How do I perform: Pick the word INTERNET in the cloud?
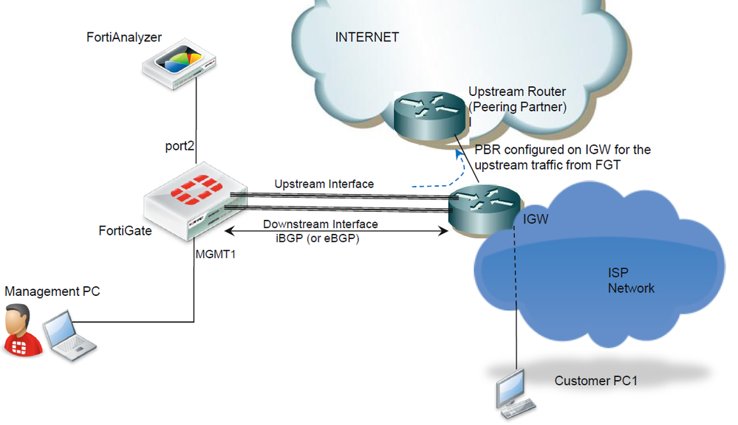tap(367, 37)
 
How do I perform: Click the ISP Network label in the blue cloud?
tap(631, 280)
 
